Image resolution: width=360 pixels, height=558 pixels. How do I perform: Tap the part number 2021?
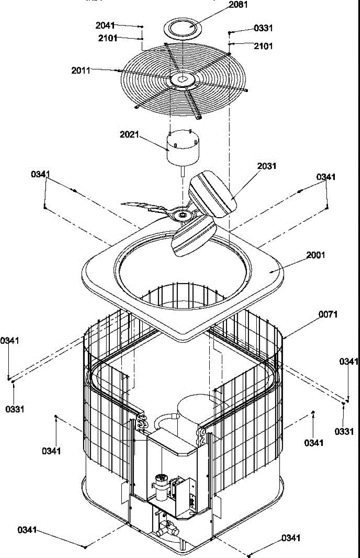pyautogui.click(x=129, y=134)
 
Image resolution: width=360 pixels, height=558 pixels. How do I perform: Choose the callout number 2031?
pyautogui.click(x=267, y=166)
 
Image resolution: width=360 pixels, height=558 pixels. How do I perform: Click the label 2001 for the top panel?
pyautogui.click(x=316, y=255)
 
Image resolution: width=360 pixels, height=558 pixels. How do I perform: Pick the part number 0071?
pyautogui.click(x=328, y=315)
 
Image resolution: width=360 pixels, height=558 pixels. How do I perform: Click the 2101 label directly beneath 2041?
pyautogui.click(x=107, y=38)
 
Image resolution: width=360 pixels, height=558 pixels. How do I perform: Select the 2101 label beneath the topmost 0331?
pyautogui.click(x=263, y=46)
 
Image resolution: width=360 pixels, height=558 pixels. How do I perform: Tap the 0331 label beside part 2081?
pyautogui.click(x=263, y=28)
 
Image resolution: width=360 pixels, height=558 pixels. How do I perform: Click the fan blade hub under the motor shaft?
pyautogui.click(x=180, y=215)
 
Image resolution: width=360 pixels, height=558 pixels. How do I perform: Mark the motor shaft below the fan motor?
pyautogui.click(x=182, y=171)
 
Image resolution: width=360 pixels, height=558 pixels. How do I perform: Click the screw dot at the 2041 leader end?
pyautogui.click(x=141, y=27)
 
